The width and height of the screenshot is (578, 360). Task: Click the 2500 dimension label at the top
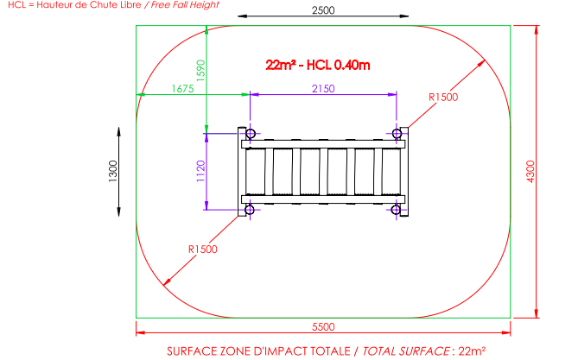[x=323, y=10]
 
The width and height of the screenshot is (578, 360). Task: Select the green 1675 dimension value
[x=182, y=89]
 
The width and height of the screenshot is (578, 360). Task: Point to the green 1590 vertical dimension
[x=200, y=71]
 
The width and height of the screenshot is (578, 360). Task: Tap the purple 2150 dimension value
[x=323, y=88]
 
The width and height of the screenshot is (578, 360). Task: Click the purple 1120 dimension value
[x=200, y=171]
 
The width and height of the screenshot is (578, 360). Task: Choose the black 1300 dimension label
[x=113, y=171]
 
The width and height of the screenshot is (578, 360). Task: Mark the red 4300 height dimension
[x=530, y=171]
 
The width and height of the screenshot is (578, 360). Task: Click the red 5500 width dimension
[x=323, y=327]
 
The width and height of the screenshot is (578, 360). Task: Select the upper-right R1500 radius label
[x=443, y=98]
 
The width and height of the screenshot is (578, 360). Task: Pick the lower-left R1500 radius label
[x=203, y=249]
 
